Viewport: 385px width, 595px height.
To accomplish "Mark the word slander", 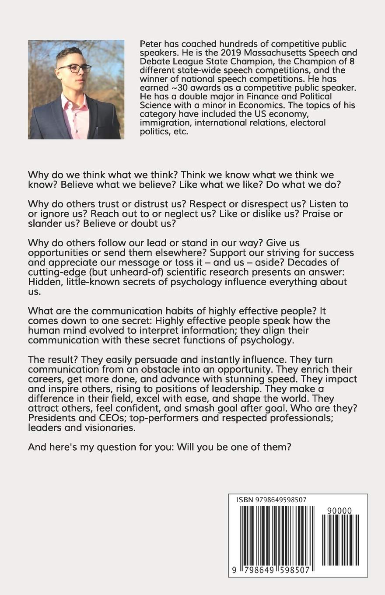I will tap(45, 224).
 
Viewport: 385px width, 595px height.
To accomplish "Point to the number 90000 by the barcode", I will tap(339, 510).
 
